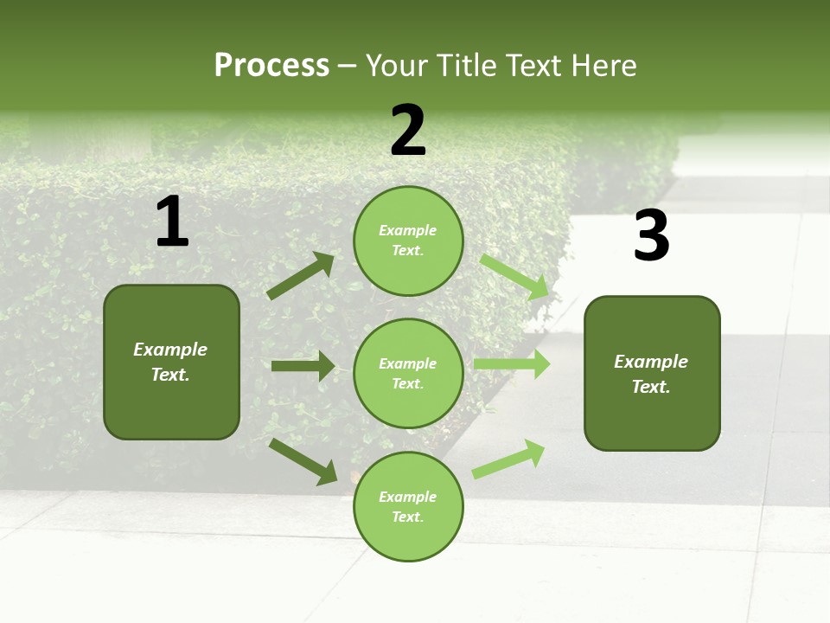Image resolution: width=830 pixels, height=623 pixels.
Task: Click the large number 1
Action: (x=172, y=222)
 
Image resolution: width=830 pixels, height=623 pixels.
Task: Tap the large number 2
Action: (x=408, y=131)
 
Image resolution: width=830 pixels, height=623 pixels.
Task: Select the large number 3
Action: (x=651, y=236)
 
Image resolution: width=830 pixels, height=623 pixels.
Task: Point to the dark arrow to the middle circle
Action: (x=303, y=366)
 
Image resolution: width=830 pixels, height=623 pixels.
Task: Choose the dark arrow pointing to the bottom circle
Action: (x=303, y=461)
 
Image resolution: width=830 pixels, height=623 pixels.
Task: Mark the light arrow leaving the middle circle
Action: (x=512, y=363)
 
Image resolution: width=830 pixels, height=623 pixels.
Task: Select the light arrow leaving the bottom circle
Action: (x=508, y=459)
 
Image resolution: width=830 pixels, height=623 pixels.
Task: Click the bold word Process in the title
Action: (x=271, y=65)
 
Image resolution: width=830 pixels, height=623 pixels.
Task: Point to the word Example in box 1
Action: (x=170, y=350)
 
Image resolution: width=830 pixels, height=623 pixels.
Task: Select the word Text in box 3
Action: (x=650, y=387)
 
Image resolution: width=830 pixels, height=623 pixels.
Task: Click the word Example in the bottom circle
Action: (x=408, y=497)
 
